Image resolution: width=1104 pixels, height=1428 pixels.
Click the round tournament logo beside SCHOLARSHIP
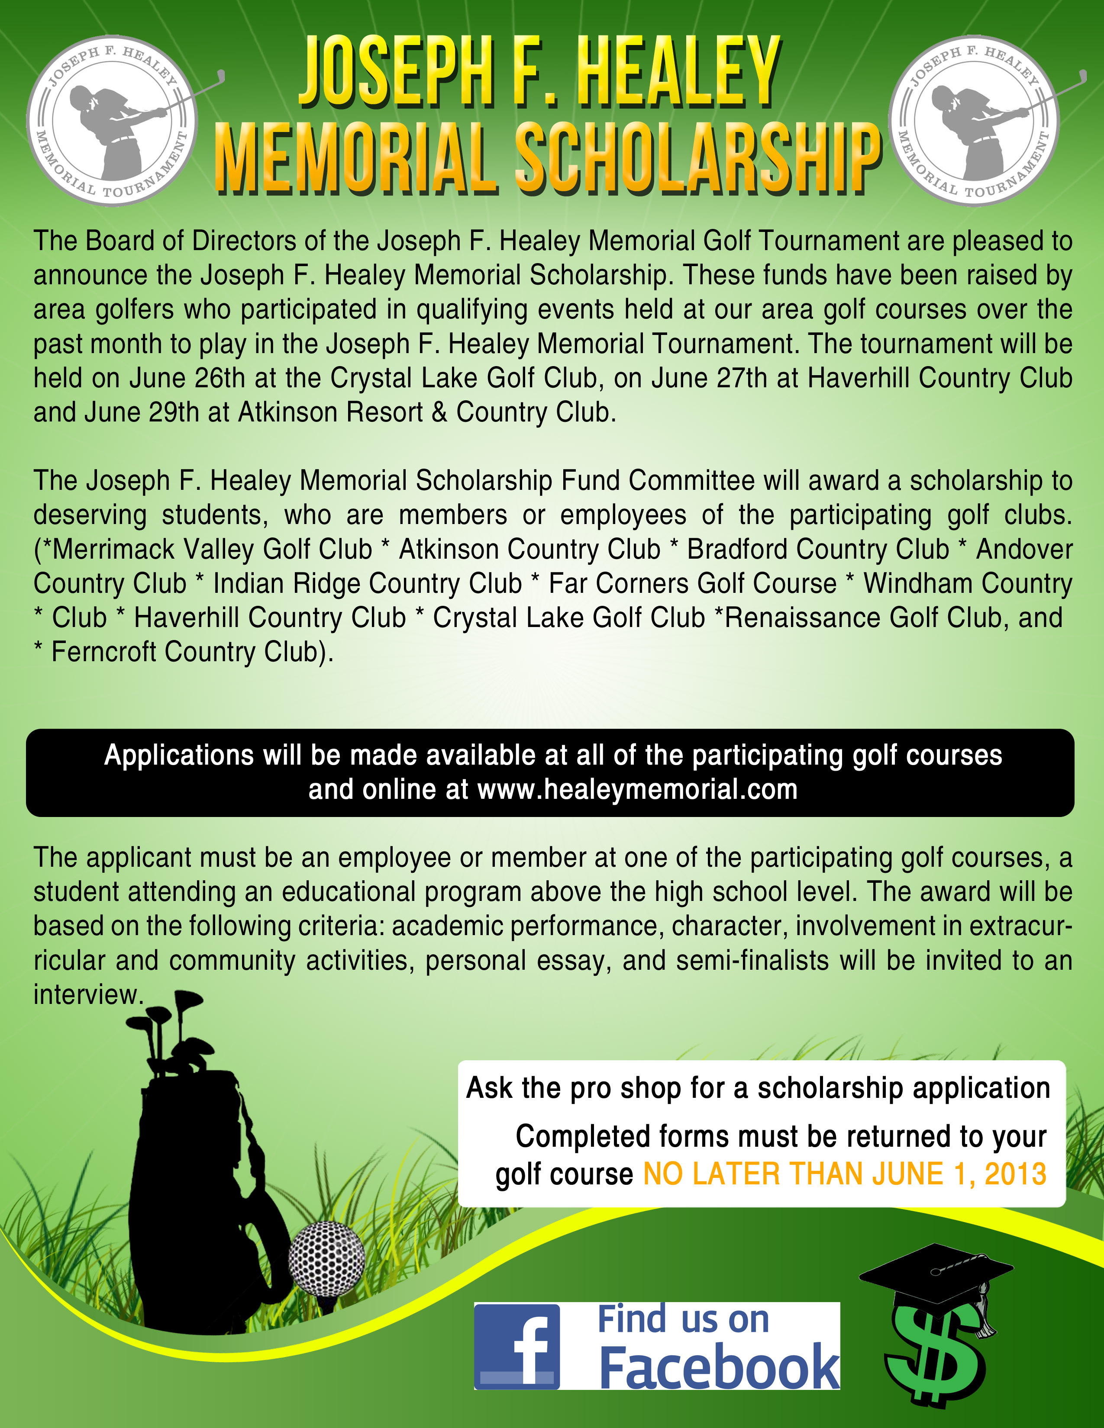(x=975, y=120)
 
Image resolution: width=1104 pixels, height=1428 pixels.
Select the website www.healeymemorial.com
(x=638, y=790)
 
